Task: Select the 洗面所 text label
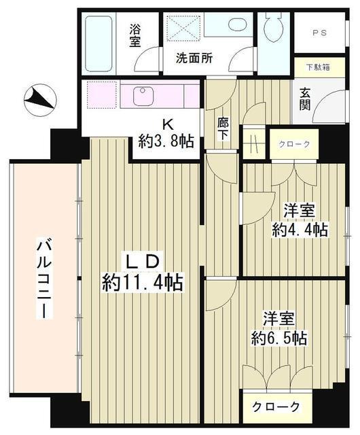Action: pyautogui.click(x=194, y=58)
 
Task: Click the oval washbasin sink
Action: pyautogui.click(x=237, y=25)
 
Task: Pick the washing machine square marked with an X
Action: pyautogui.click(x=182, y=31)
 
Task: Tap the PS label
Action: pyautogui.click(x=319, y=32)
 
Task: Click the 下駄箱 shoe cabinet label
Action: pyautogui.click(x=317, y=67)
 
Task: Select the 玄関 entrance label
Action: pyautogui.click(x=305, y=100)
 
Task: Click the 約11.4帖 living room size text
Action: pyautogui.click(x=143, y=282)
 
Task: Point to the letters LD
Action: pyautogui.click(x=142, y=260)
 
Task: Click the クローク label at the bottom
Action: pyautogui.click(x=276, y=407)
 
